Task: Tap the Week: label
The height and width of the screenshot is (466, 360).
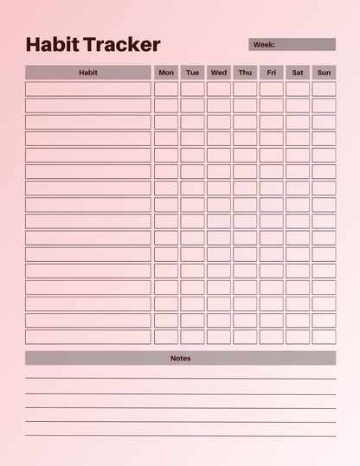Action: pyautogui.click(x=264, y=44)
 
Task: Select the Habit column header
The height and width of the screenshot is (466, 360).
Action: pyautogui.click(x=87, y=73)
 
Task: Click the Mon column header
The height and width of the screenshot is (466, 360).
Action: pyautogui.click(x=166, y=73)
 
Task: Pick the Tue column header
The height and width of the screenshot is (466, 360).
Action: pyautogui.click(x=192, y=73)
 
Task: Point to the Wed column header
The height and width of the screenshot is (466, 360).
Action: pyautogui.click(x=219, y=73)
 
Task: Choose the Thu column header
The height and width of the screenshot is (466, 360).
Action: pyautogui.click(x=245, y=73)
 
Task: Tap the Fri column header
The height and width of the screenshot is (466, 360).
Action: pyautogui.click(x=272, y=73)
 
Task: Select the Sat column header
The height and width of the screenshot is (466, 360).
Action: pyautogui.click(x=298, y=73)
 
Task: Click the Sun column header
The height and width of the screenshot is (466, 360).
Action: pyautogui.click(x=324, y=73)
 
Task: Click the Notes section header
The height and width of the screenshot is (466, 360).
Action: pyautogui.click(x=180, y=358)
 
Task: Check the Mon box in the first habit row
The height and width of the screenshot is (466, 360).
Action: pyautogui.click(x=166, y=89)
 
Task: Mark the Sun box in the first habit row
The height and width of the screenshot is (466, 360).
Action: pyautogui.click(x=324, y=89)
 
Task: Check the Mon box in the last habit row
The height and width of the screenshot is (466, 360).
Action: pyautogui.click(x=166, y=336)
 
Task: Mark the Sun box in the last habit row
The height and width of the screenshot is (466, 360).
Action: pyautogui.click(x=324, y=336)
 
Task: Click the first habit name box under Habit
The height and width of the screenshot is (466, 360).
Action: pyautogui.click(x=87, y=89)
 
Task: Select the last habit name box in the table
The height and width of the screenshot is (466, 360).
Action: pyautogui.click(x=87, y=336)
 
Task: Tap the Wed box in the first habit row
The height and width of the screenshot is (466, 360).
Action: pyautogui.click(x=219, y=89)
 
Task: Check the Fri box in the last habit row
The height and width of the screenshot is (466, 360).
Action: pyautogui.click(x=272, y=336)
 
